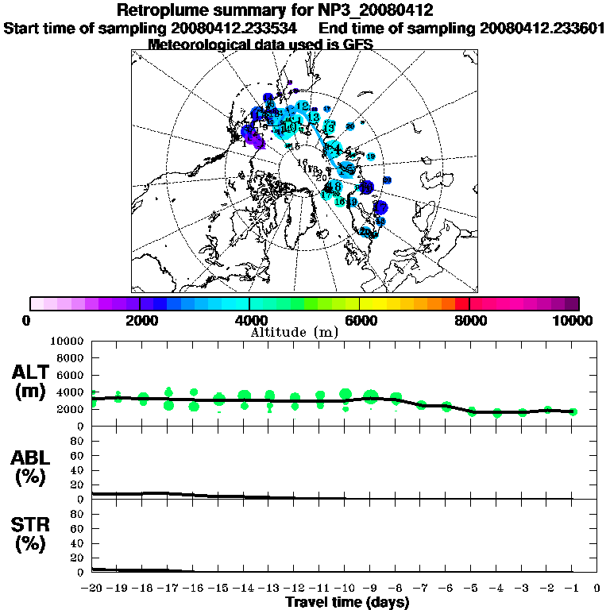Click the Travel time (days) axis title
pos(347,602)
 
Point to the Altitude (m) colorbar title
pos(294,331)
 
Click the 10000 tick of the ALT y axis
pos(68,341)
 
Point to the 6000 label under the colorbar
pos(359,320)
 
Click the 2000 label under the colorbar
pos(140,320)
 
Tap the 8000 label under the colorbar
pos(469,320)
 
